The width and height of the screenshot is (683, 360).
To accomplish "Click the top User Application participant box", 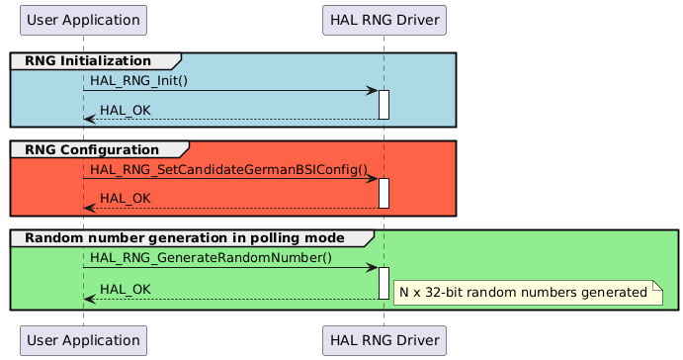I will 83,19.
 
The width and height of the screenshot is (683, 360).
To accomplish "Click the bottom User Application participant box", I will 83,340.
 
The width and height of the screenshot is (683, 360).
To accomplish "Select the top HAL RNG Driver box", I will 384,19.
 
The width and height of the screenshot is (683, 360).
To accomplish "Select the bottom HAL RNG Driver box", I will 384,340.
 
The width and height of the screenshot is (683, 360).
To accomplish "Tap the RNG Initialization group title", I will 88,61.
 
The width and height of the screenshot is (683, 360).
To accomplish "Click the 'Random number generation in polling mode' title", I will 184,238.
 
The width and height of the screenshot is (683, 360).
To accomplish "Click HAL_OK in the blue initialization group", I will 126,109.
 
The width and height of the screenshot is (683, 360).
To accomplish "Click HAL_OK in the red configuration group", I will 126,198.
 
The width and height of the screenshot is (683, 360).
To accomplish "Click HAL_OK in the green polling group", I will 126,288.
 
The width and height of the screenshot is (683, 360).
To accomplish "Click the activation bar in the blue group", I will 384,105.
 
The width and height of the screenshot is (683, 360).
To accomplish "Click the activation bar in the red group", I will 384,193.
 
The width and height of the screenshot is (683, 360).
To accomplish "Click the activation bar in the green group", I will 384,283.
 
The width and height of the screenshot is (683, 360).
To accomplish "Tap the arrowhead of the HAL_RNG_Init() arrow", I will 373,91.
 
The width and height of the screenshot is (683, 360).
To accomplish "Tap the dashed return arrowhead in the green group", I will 89,298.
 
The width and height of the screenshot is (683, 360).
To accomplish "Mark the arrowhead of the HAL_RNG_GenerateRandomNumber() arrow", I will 373,268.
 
